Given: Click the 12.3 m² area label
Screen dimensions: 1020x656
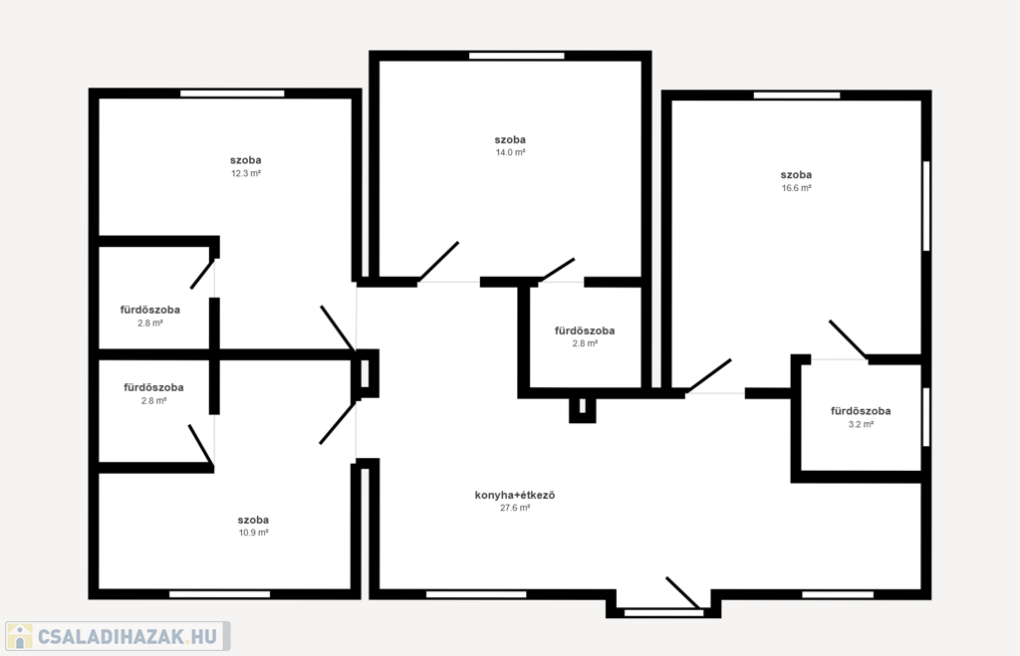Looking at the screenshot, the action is tap(246, 173).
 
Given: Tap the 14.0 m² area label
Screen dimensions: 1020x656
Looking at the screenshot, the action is tap(511, 152).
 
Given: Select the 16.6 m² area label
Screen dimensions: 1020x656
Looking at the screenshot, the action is tap(796, 188).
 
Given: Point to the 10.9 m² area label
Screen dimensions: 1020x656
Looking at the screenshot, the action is tap(254, 533).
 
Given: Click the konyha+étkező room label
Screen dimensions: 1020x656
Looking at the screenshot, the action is tap(515, 495).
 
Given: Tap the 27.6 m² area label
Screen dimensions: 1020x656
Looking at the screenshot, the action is tap(515, 508).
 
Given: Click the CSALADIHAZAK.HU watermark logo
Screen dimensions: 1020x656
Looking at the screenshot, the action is tap(118, 636).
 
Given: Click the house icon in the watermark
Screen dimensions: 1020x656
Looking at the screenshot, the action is tap(20, 636).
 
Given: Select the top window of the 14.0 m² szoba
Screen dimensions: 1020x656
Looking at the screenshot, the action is tap(517, 56).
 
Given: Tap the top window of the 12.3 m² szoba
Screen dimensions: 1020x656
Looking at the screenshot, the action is tap(232, 94).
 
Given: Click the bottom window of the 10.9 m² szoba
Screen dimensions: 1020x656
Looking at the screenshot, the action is tap(220, 594).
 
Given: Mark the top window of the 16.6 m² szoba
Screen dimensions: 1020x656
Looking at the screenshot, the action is tap(797, 96).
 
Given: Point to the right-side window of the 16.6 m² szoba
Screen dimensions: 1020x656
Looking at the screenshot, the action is tap(926, 206).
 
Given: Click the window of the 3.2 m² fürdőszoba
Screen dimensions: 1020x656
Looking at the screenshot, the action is tap(926, 417).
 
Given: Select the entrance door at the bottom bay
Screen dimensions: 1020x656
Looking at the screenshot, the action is tap(682, 592).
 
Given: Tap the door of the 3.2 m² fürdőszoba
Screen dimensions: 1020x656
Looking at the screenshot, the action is tap(848, 338).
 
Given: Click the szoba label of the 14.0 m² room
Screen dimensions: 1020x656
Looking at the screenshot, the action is tap(510, 139).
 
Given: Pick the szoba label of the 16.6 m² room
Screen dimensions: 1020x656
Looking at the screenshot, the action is tap(796, 175).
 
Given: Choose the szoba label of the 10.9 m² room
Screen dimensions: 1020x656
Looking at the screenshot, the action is tap(253, 520).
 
